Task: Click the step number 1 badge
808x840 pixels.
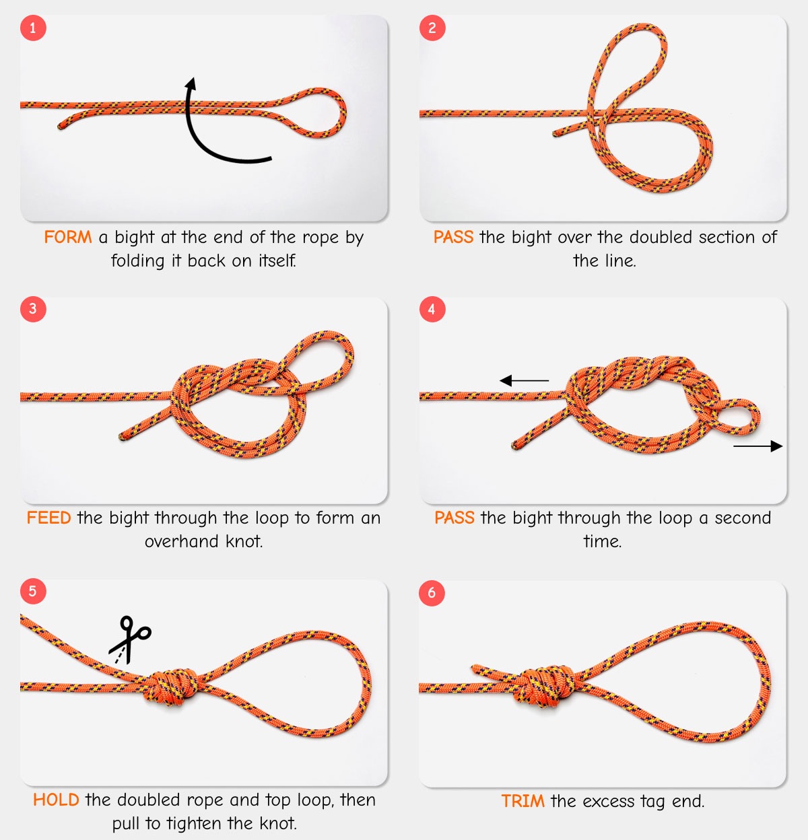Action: (x=33, y=28)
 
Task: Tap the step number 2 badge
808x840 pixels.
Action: (x=432, y=28)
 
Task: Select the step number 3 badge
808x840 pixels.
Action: (x=33, y=310)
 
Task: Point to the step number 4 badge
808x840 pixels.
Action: (x=432, y=310)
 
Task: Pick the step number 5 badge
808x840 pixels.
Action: (x=33, y=592)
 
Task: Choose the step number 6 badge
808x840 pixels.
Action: (x=432, y=592)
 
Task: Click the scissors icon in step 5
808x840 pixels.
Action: (x=130, y=638)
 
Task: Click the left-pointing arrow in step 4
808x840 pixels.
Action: (x=524, y=381)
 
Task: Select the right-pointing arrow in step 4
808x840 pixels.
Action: (x=757, y=446)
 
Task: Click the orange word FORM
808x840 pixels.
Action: (x=68, y=238)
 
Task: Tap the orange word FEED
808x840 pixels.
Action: (x=48, y=518)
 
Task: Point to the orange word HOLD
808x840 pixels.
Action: (x=56, y=800)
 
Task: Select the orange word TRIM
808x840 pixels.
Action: (x=523, y=802)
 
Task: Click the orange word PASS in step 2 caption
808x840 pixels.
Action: (x=453, y=238)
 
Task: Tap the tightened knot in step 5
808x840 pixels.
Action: (x=172, y=687)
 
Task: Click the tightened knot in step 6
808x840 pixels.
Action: (x=545, y=687)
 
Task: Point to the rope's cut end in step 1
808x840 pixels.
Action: (x=61, y=126)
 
